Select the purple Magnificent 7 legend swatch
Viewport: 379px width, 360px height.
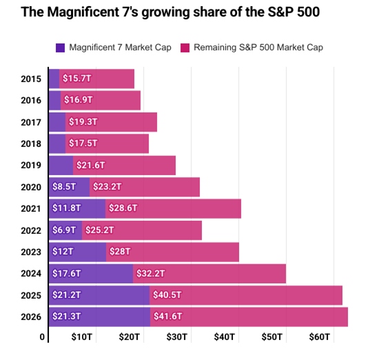[x=60, y=48]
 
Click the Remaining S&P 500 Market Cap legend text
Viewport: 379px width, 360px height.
[x=258, y=48]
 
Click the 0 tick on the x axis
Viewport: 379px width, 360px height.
[x=43, y=337]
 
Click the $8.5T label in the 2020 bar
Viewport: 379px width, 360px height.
[x=64, y=187]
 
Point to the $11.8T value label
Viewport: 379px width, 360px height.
[x=67, y=208]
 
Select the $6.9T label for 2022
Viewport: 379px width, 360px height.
[x=64, y=230]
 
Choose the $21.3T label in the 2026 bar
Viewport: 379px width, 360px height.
[x=67, y=317]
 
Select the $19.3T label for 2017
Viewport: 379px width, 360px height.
[x=83, y=122]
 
